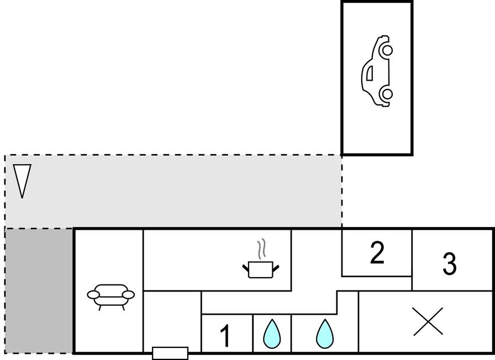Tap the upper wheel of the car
387,50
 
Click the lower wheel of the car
387,94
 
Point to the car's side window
370,73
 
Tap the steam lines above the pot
262,249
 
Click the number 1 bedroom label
225,336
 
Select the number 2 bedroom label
377,252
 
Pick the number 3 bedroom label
450,264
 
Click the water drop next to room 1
272,334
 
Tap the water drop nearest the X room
325,334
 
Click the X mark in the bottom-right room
428,321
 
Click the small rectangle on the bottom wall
170,353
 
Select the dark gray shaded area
39,291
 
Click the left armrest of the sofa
93,295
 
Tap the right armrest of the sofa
128,295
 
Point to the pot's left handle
246,268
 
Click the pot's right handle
276,268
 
